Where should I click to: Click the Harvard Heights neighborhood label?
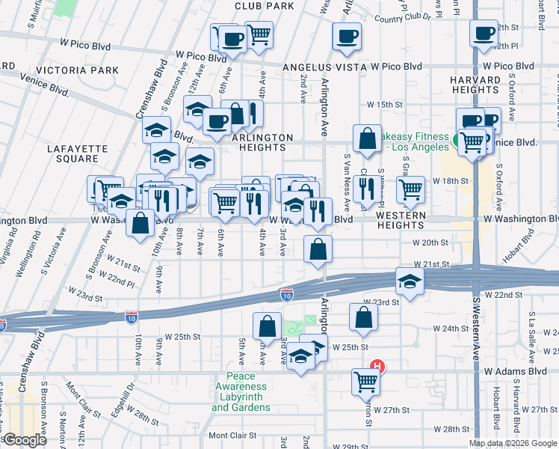[475, 85]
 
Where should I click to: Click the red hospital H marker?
[378, 366]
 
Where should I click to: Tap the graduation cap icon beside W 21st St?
[410, 281]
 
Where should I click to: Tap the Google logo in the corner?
[24, 440]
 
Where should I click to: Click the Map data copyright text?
[512, 443]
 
